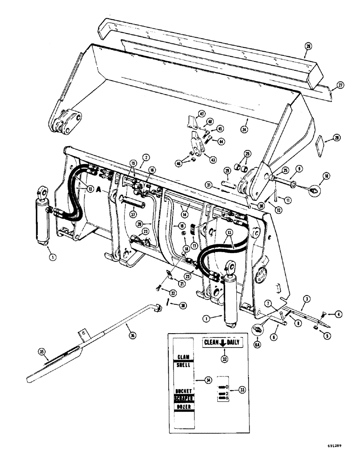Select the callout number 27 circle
click(x=340, y=85)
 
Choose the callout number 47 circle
click(x=201, y=114)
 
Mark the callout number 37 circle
click(x=133, y=214)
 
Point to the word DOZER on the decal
click(x=186, y=407)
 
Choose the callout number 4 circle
click(x=337, y=314)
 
